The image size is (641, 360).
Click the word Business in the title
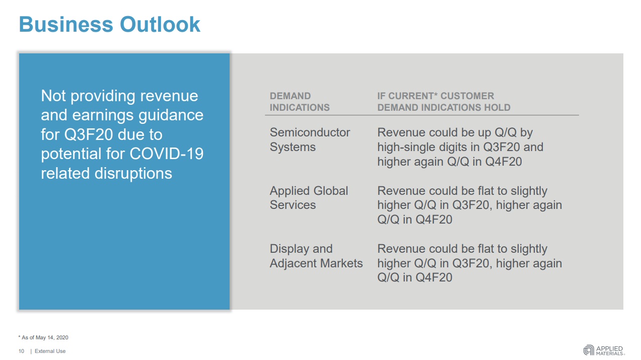(x=66, y=24)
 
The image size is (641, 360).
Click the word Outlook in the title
(x=160, y=24)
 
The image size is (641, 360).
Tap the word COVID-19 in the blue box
(x=167, y=154)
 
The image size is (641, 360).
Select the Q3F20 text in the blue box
(x=89, y=134)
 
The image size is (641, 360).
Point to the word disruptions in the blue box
(x=133, y=173)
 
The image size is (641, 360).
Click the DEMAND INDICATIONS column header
(x=300, y=102)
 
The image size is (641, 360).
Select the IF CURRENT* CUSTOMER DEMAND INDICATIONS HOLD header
(x=444, y=102)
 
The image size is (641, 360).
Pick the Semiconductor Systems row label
(x=310, y=139)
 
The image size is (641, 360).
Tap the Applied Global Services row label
(x=309, y=198)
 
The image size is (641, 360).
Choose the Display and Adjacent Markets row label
(x=316, y=256)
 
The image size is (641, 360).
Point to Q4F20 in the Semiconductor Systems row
(x=504, y=162)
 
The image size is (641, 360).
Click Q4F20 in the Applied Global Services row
(x=434, y=220)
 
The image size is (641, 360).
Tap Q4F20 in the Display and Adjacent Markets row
(x=434, y=277)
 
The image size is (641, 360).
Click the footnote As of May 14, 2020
(x=43, y=338)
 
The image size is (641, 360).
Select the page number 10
(x=22, y=351)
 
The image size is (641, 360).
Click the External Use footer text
(x=50, y=351)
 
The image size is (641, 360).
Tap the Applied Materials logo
(x=604, y=350)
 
